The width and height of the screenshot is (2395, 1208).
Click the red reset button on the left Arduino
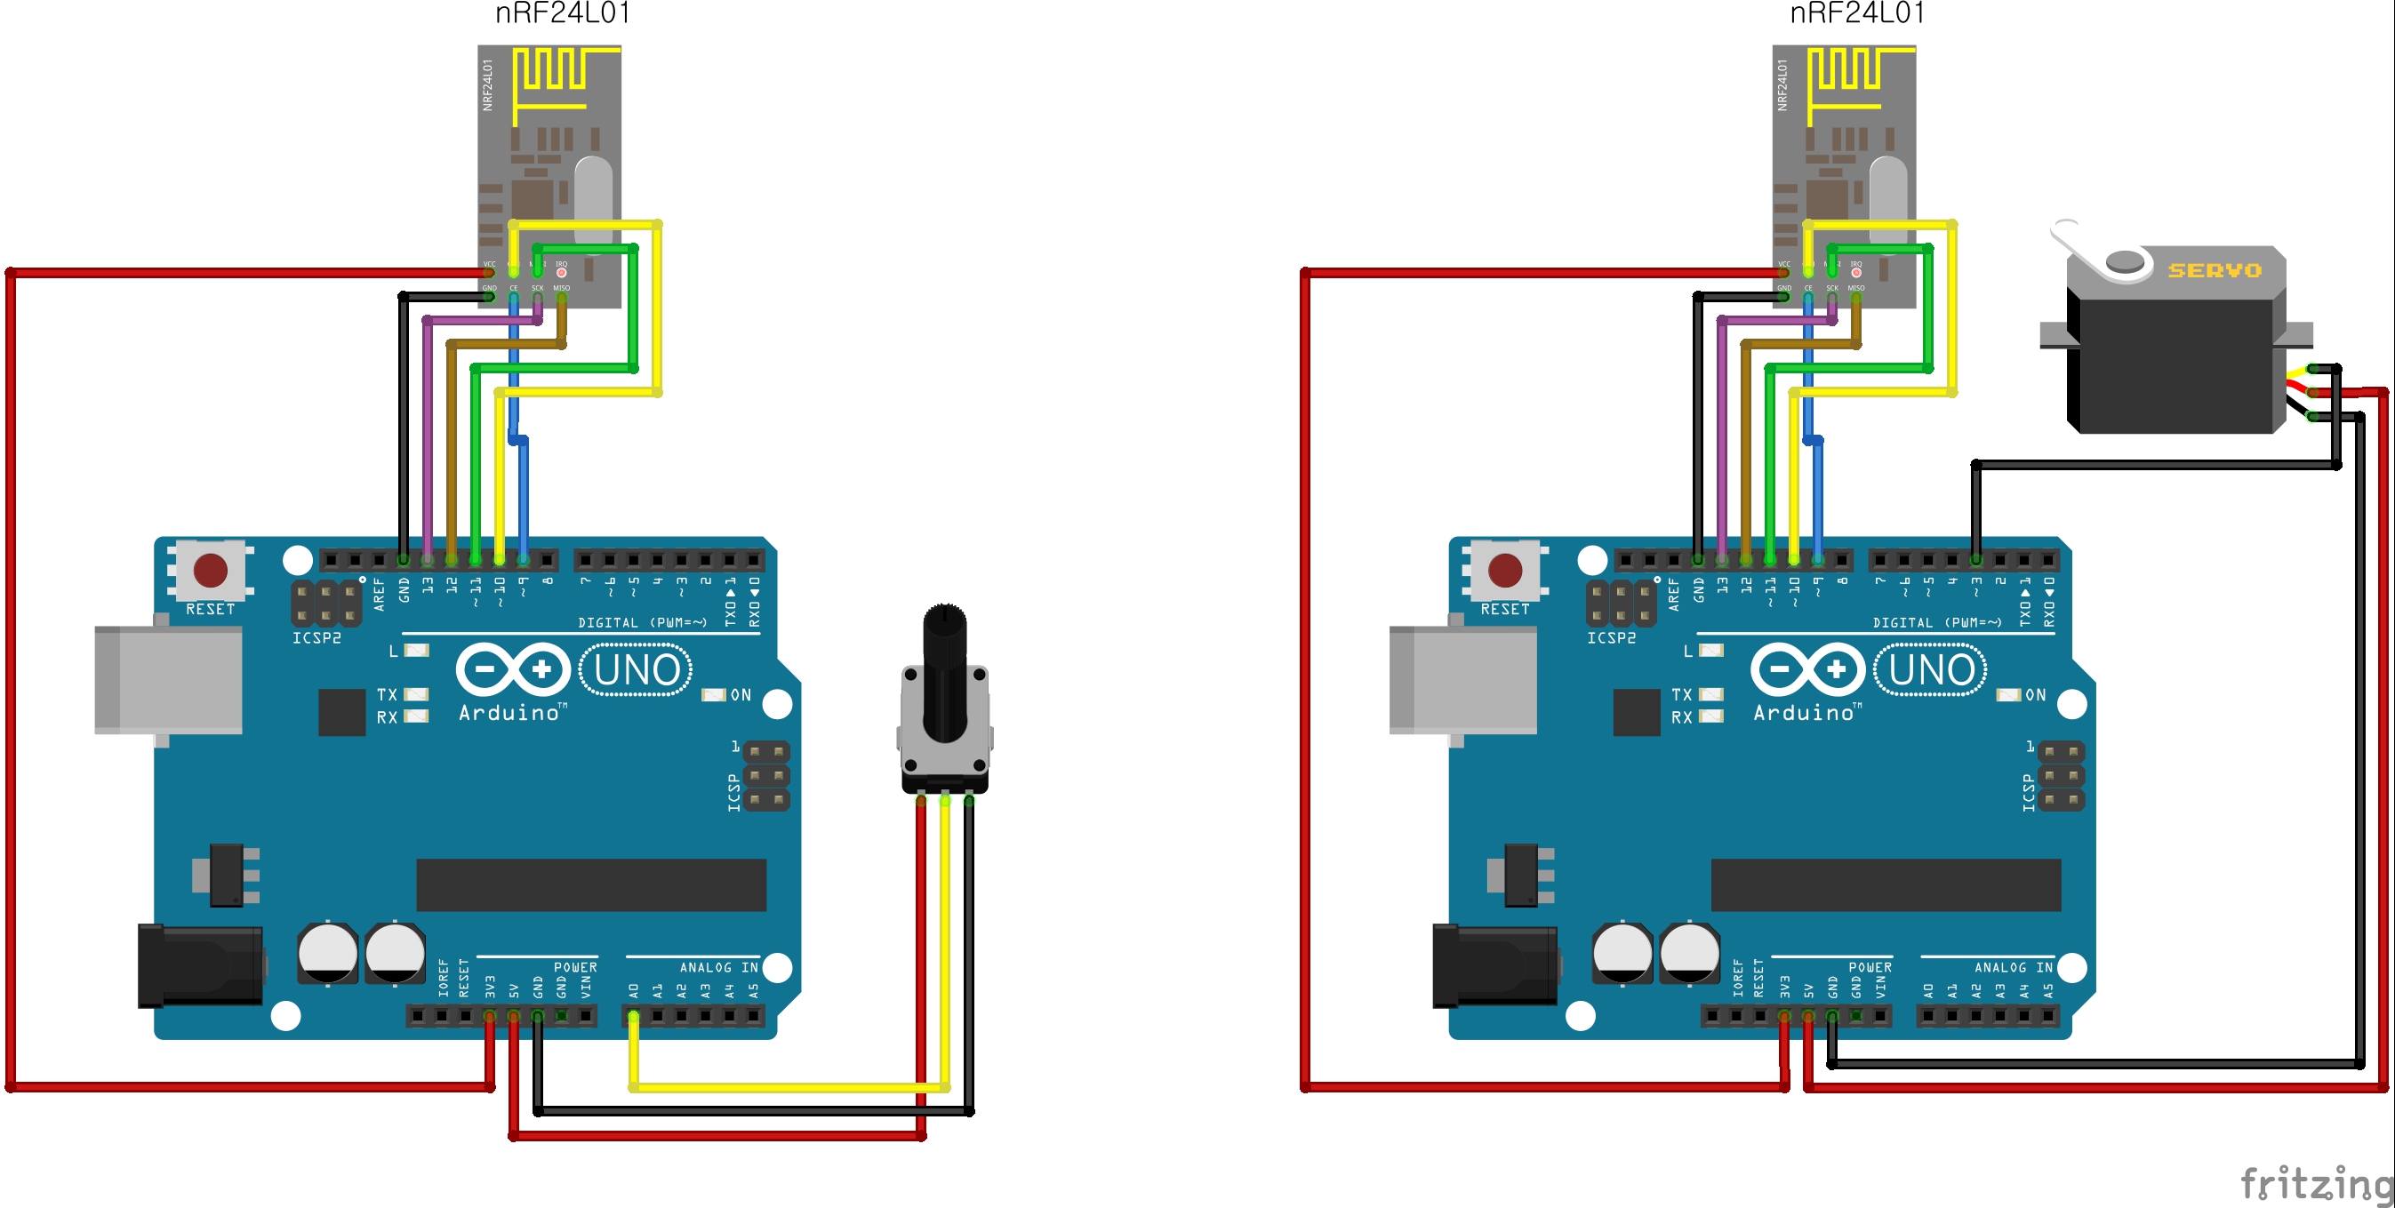click(x=210, y=570)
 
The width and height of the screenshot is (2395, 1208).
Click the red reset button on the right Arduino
click(x=1505, y=570)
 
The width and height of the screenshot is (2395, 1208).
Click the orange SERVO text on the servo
click(x=2215, y=270)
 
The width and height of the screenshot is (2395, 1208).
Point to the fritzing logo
click(x=2315, y=1184)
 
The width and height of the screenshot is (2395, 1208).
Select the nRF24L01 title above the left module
click(x=563, y=14)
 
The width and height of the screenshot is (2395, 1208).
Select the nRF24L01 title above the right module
click(x=1858, y=14)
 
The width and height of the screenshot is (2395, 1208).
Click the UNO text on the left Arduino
click(x=636, y=669)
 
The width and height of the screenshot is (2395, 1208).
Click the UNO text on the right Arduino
click(x=1931, y=669)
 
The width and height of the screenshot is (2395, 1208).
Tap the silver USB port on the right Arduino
click(x=1463, y=680)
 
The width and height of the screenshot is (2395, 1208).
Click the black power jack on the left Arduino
click(x=200, y=966)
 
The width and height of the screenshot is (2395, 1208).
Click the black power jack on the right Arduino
click(x=1494, y=966)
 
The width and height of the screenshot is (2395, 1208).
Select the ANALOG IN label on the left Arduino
click(x=717, y=968)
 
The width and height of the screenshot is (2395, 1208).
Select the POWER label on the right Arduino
click(x=1870, y=968)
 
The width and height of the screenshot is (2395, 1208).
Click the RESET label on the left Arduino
click(x=210, y=609)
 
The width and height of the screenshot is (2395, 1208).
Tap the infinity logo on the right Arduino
click(x=1807, y=669)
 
